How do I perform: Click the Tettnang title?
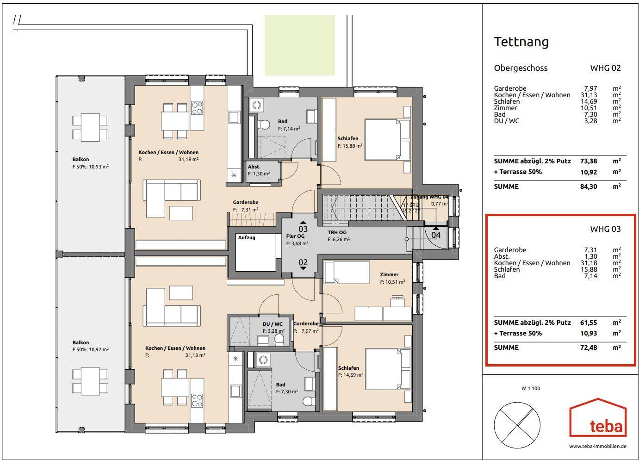coord(521,42)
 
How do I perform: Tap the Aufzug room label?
coord(247,237)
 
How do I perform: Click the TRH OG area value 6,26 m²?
coord(338,240)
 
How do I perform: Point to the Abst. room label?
coord(254,167)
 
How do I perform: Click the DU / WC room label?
coord(273,324)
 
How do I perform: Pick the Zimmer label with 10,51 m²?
coord(389,274)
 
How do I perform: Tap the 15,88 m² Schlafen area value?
coord(349,146)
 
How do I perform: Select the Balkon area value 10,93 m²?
coord(90,167)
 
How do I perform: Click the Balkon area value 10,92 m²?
coord(90,350)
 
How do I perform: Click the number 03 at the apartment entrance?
coord(303,229)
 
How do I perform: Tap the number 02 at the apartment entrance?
coord(303,262)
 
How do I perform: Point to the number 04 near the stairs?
coord(436,235)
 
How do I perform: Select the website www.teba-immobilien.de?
coord(598,447)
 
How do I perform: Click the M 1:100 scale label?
coord(531,389)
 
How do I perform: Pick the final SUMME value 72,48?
coord(589,348)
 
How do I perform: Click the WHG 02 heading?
coord(605,68)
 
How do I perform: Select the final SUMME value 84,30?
coord(589,186)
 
